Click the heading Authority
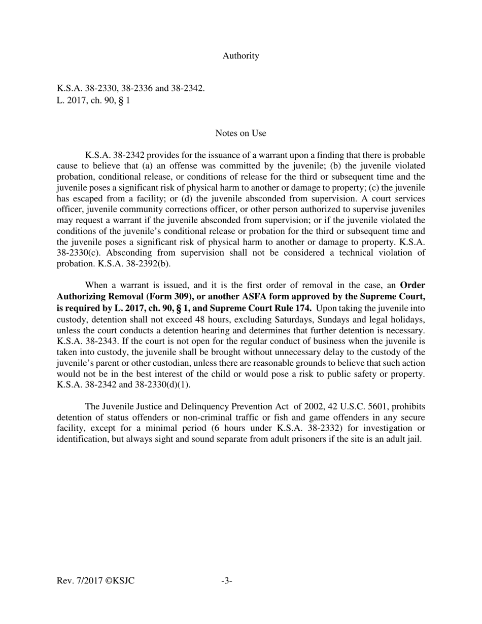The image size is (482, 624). (240, 56)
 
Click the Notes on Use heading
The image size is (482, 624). (240, 133)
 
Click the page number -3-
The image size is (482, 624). (226, 581)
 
